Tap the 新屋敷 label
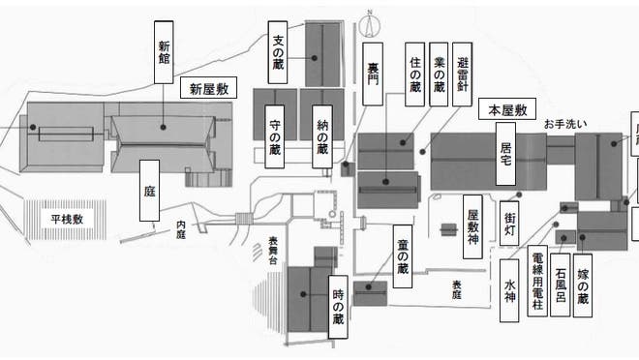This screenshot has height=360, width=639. [x=209, y=89]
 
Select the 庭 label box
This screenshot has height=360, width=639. [x=150, y=191]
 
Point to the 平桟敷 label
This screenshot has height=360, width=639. [x=68, y=220]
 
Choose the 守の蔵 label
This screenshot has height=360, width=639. [x=276, y=136]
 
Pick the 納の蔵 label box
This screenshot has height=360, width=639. [x=322, y=136]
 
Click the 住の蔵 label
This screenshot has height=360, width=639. [x=415, y=75]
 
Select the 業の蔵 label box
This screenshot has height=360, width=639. [x=439, y=75]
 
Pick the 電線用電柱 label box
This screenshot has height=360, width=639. [x=538, y=282]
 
